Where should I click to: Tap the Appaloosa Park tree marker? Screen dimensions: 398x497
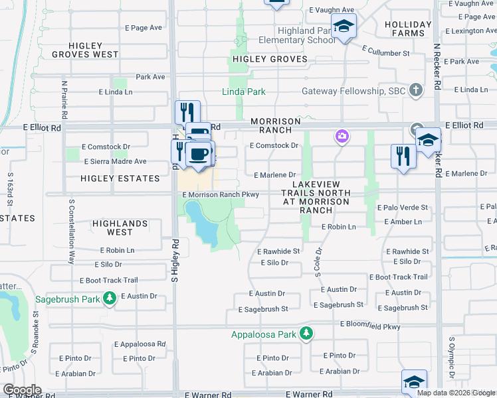click(306, 333)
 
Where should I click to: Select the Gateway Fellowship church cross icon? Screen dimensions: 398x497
click(416, 90)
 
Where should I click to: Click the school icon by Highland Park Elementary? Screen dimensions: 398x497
click(344, 27)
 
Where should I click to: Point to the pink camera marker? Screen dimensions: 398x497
click(342, 137)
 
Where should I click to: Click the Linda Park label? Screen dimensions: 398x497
click(243, 91)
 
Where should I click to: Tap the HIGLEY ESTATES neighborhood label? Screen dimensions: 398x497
click(120, 178)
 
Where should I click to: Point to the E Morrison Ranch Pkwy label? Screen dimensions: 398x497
click(220, 194)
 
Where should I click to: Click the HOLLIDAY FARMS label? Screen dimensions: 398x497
click(408, 29)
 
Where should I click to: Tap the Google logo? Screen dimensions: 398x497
click(22, 390)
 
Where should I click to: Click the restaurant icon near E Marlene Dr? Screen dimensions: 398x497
click(403, 156)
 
